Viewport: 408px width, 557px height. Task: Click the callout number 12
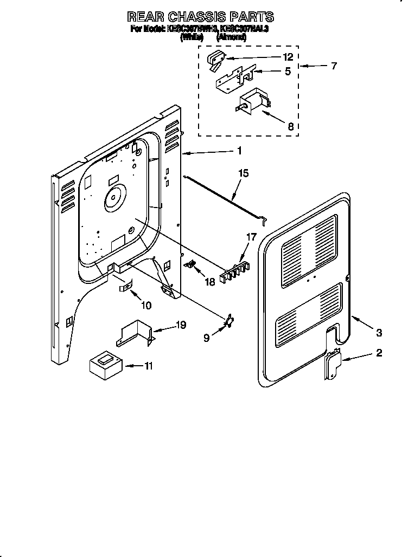pyautogui.click(x=288, y=57)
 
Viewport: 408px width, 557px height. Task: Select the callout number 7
pyautogui.click(x=334, y=66)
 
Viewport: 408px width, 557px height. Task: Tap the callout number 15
pyautogui.click(x=244, y=173)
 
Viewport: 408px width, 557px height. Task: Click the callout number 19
pyautogui.click(x=181, y=325)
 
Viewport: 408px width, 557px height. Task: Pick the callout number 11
pyautogui.click(x=148, y=366)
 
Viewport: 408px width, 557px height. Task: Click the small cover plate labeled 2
pyautogui.click(x=331, y=367)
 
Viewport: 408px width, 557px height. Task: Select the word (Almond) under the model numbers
pyautogui.click(x=232, y=37)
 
